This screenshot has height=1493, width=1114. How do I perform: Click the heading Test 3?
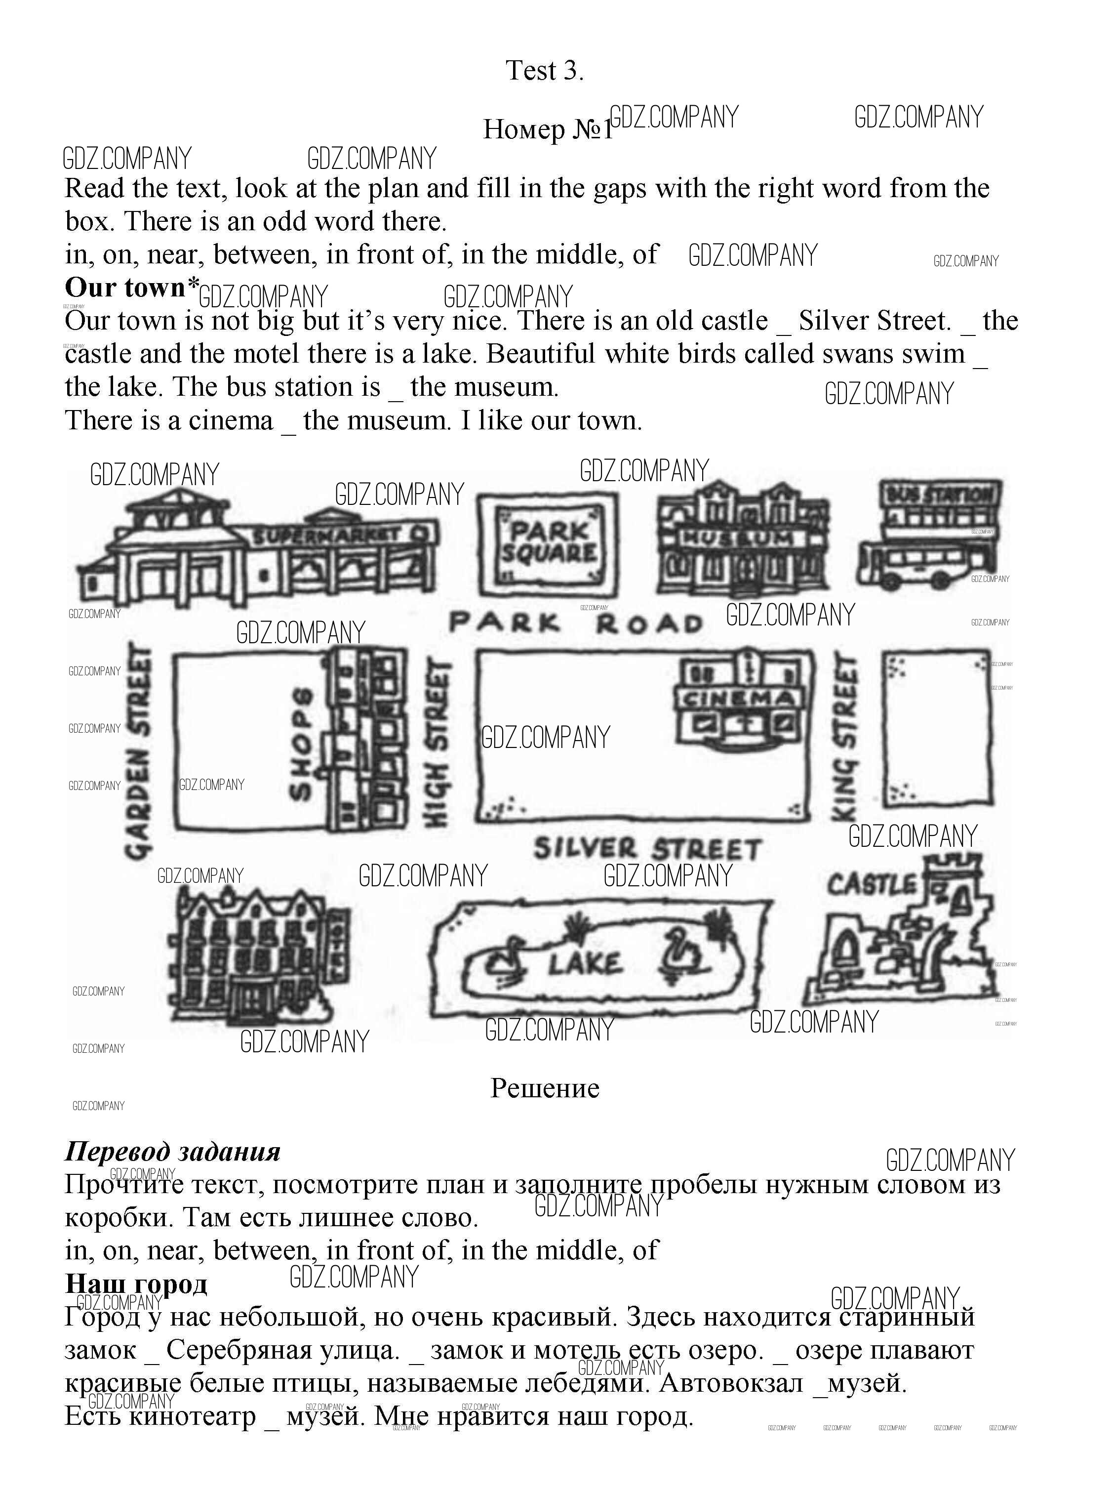pos(544,71)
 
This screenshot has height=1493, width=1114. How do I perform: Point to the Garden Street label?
pos(138,750)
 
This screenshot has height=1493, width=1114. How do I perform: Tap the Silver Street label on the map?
pos(647,849)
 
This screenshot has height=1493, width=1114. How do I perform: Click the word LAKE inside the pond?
pos(584,963)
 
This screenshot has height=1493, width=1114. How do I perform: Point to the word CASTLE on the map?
pos(873,884)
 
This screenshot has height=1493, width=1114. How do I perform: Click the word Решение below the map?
pos(544,1087)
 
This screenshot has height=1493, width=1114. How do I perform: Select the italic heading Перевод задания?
pos(173,1151)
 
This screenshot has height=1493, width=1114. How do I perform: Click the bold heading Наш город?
pos(136,1283)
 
